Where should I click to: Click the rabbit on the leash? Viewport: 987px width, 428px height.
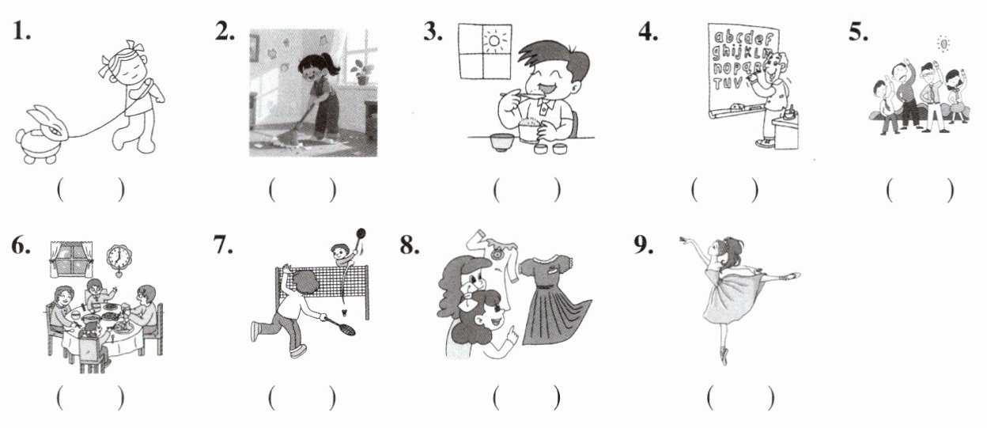pos(42,134)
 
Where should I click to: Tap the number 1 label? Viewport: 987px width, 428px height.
pos(21,32)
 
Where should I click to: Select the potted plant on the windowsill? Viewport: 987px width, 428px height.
pos(361,72)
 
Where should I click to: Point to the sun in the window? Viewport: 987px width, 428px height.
pos(494,41)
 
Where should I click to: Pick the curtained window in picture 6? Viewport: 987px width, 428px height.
pos(71,259)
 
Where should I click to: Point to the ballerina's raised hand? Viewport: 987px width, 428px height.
pos(685,239)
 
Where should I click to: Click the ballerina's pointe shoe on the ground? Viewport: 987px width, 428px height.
pos(724,356)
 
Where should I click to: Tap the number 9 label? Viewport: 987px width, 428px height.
pos(643,245)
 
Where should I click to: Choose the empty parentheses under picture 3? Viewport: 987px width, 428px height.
pos(527,190)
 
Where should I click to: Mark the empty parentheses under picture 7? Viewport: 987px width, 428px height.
pos(302,398)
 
